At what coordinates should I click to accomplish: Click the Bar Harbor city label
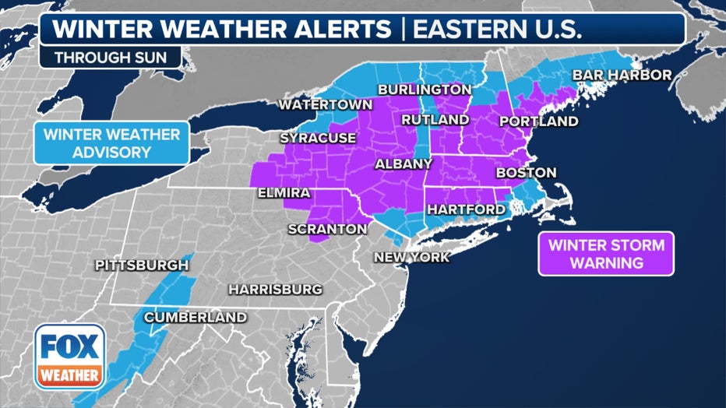(622, 75)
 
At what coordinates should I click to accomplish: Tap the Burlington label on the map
(425, 90)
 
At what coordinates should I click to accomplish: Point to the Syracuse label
(318, 138)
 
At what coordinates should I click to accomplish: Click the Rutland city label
(435, 120)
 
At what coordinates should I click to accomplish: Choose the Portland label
(538, 121)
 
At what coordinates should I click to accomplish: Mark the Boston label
(526, 172)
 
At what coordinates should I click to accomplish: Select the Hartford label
(465, 209)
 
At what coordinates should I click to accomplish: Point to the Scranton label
(327, 229)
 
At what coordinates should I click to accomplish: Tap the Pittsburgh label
(142, 266)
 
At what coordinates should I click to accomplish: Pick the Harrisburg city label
(275, 290)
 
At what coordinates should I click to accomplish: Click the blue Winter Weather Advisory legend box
(111, 142)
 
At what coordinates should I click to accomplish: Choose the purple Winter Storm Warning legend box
(606, 254)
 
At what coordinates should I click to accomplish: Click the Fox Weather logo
(69, 356)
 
